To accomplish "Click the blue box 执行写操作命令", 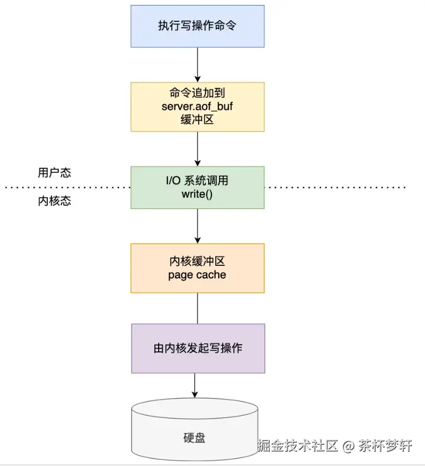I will [197, 26].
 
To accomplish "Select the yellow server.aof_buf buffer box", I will [197, 107].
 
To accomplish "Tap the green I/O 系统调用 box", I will [197, 188].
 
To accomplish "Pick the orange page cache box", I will [197, 268].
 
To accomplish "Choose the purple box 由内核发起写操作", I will [198, 349].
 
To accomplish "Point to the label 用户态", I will [54, 173].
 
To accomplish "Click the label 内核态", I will [54, 201].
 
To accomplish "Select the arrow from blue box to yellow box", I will [197, 64].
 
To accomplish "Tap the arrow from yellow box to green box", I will [197, 148].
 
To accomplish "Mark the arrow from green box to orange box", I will [197, 226].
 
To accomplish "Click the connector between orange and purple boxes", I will [197, 308].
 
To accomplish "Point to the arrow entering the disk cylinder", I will [195, 386].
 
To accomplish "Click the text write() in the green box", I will [197, 194].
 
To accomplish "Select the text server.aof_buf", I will [197, 107].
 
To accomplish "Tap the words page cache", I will [197, 275].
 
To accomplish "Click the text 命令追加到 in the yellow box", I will [197, 93].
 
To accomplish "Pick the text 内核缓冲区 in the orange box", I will [197, 262].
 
